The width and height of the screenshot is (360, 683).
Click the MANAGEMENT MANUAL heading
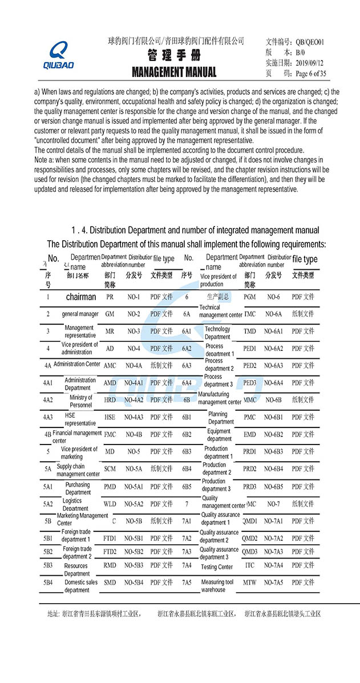click(174, 72)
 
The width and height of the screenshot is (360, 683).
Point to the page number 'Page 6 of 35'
click(310, 73)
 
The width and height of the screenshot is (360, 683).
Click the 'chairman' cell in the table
click(81, 297)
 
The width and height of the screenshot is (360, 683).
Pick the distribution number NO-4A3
click(134, 417)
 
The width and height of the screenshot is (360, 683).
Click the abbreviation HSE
click(110, 417)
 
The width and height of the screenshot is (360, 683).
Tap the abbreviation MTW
click(249, 582)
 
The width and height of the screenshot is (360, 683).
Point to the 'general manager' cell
click(80, 314)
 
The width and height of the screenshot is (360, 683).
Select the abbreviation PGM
click(249, 297)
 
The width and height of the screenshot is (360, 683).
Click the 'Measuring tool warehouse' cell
click(217, 585)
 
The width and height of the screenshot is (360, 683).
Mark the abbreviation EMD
click(249, 434)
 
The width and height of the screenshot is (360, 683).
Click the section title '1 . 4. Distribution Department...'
click(195, 230)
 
